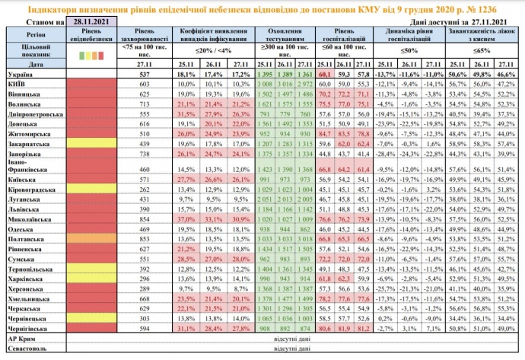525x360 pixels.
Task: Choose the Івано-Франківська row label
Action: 27,166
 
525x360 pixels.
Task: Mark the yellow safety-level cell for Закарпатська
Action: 88,142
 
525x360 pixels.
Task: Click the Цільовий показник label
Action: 30,52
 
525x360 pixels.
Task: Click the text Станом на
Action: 30,24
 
